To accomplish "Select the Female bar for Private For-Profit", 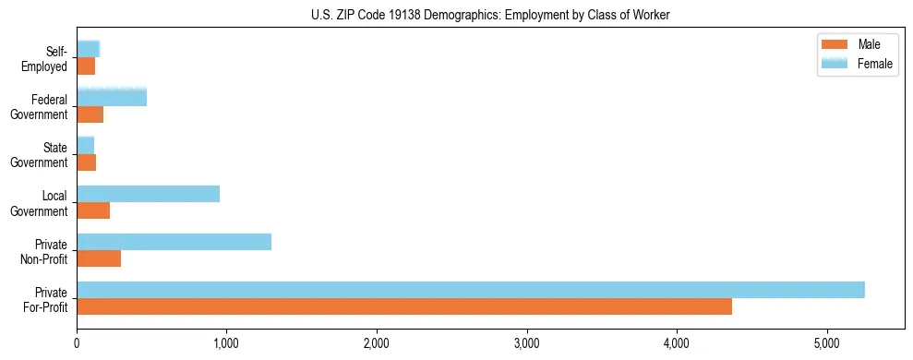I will [471, 290].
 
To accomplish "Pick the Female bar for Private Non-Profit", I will [174, 242].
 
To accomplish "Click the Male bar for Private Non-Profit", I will [99, 258].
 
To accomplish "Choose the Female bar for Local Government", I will [149, 194].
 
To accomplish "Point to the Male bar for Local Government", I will [93, 210].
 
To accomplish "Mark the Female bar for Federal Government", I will [112, 97].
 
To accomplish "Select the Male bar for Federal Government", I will [90, 114].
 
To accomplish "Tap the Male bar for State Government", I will [87, 162].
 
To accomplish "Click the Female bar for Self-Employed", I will [89, 49].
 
